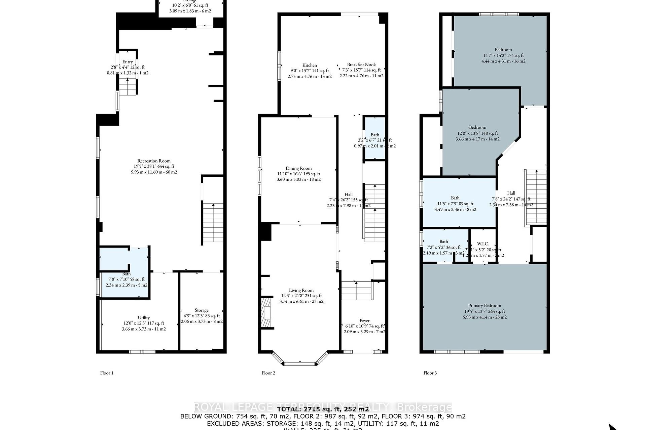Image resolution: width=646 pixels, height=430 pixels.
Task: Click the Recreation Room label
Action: point(154,161)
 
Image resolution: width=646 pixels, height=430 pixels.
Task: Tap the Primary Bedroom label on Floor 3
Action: point(485,306)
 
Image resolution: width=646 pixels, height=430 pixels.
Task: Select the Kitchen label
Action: point(310,65)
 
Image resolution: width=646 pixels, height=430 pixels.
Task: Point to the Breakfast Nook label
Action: point(361,64)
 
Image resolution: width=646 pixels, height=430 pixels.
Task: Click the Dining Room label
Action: point(298,168)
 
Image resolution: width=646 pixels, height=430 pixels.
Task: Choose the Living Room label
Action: point(301,291)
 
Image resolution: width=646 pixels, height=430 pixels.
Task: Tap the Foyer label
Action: point(364,321)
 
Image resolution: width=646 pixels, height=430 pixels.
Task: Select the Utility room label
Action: point(144,317)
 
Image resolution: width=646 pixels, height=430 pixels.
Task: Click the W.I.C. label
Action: point(483,244)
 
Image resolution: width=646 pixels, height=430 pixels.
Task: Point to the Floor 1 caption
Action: point(107,373)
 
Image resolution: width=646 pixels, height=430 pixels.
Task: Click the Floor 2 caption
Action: point(268,373)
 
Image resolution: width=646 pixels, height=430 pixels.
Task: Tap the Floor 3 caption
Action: point(430,373)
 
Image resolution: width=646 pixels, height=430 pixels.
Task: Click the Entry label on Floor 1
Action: point(128,62)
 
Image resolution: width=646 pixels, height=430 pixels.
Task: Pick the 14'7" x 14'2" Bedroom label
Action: point(503,50)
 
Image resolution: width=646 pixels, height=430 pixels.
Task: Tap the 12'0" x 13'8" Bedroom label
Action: point(477,127)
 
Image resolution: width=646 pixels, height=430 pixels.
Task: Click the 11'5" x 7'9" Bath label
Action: point(455,198)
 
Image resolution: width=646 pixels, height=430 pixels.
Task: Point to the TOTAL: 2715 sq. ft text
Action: point(323,409)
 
